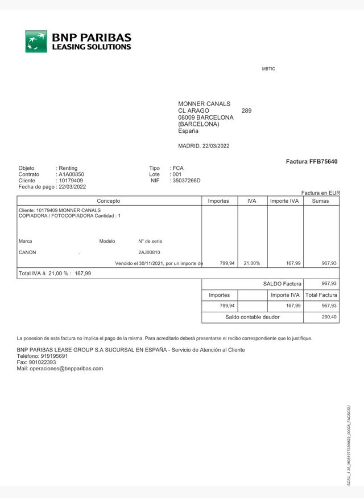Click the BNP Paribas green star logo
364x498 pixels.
36,42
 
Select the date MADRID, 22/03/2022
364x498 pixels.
204,146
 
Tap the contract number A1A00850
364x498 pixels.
72,174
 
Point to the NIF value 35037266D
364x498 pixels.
187,181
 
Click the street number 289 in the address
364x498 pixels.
246,111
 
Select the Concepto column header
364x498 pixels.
109,201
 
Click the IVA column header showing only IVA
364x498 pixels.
251,201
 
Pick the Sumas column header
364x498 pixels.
321,201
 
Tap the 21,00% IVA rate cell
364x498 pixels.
251,263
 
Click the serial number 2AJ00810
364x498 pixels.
149,252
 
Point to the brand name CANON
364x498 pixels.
27,252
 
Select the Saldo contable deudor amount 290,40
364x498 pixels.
329,317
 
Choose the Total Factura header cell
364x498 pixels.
321,295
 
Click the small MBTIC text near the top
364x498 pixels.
268,69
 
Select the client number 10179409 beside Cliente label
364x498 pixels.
71,181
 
